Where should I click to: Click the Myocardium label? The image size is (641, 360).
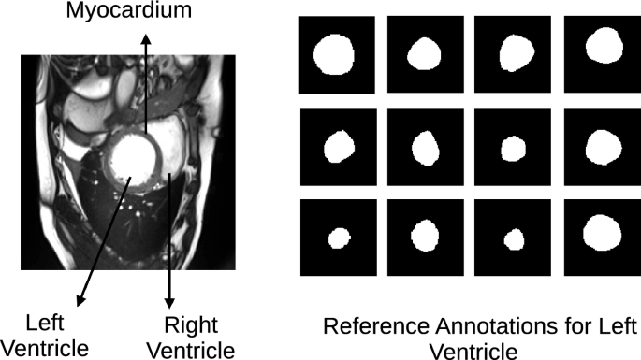pyautogui.click(x=144, y=12)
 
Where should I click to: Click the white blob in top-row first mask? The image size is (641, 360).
pyautogui.click(x=334, y=54)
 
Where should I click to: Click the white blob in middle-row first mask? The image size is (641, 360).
pyautogui.click(x=340, y=145)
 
